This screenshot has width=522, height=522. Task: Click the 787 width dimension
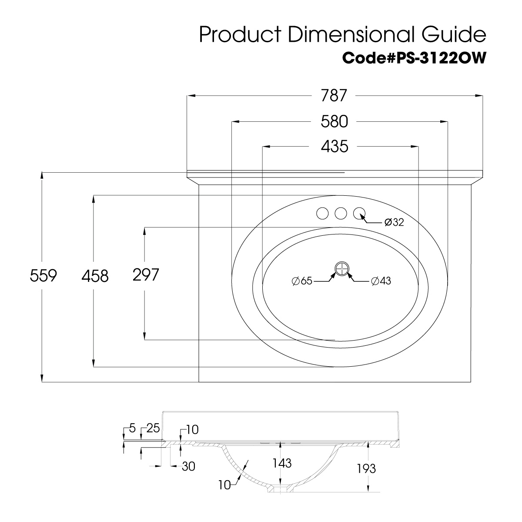(334, 95)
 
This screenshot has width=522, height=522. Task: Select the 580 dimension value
(334, 121)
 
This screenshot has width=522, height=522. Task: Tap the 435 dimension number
(335, 147)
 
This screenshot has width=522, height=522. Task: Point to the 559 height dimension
(43, 275)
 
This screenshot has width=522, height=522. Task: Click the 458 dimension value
(95, 276)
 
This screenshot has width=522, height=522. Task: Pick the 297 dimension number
(146, 274)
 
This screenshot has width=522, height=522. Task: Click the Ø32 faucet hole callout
(394, 222)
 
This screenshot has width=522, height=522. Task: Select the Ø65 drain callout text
(302, 281)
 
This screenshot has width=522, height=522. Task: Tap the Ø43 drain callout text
(381, 281)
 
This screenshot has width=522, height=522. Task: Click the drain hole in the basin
(341, 269)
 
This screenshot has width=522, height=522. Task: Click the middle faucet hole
(341, 214)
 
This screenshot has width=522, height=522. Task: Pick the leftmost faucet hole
(322, 214)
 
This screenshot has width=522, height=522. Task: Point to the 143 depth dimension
(282, 463)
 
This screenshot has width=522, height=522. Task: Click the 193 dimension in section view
(366, 468)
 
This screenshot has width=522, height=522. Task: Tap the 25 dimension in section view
(153, 428)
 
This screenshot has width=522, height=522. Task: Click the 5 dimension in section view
(132, 428)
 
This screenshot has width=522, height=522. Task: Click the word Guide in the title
(454, 34)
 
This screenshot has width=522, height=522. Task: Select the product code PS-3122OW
(441, 58)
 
